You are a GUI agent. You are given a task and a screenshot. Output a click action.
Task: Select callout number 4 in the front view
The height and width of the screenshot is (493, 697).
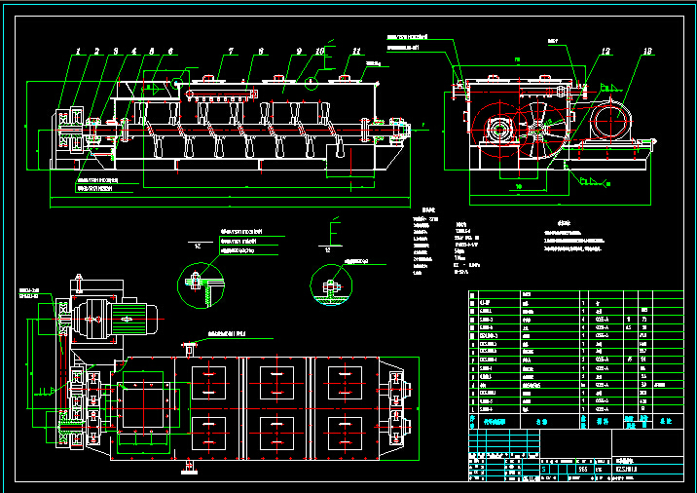click(x=134, y=50)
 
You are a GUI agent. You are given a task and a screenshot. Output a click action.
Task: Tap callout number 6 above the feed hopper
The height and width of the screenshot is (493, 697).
click(x=170, y=50)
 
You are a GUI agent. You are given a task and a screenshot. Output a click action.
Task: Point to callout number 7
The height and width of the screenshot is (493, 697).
click(x=231, y=50)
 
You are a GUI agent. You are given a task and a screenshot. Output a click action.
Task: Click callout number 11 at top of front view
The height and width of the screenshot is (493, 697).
click(x=356, y=50)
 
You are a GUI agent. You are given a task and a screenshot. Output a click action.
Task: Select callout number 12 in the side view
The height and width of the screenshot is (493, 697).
click(x=606, y=50)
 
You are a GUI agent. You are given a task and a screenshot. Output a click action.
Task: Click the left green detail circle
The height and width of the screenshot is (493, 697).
click(x=201, y=287)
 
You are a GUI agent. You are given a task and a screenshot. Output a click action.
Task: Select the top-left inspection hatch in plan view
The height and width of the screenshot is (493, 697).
click(x=210, y=378)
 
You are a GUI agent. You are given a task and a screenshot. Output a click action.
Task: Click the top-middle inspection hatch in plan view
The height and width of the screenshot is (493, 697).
click(x=276, y=378)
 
